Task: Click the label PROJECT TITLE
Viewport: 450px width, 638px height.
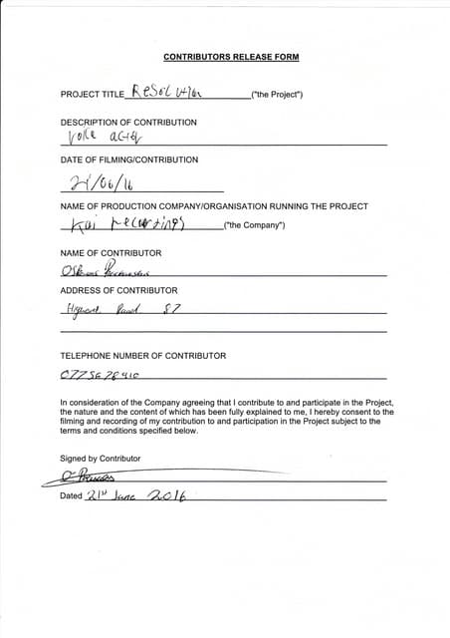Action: (x=92, y=94)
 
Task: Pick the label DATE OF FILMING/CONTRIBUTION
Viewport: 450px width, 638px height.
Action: (x=129, y=159)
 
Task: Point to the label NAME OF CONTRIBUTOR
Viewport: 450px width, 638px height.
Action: (x=111, y=253)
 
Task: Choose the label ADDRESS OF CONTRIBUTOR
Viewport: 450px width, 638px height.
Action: (x=119, y=290)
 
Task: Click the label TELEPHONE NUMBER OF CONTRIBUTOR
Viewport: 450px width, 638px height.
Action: (x=142, y=355)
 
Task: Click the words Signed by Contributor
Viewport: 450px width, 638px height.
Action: (x=100, y=458)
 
